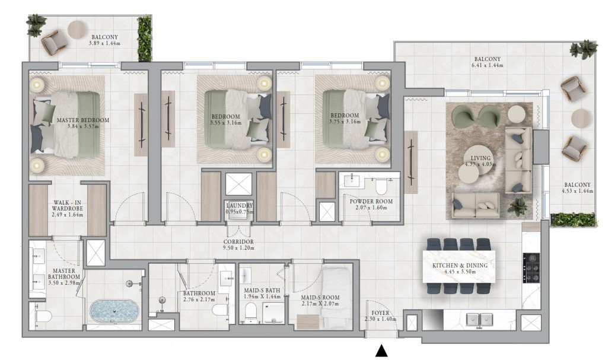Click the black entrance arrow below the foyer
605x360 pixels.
click(x=381, y=351)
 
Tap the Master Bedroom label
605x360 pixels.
click(x=83, y=120)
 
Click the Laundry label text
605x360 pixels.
click(x=240, y=206)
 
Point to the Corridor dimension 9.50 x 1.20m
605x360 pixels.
click(x=239, y=248)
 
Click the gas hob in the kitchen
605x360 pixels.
click(x=531, y=267)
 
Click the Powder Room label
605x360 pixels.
click(x=371, y=202)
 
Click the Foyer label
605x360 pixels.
click(x=380, y=313)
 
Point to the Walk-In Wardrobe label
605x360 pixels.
click(x=68, y=206)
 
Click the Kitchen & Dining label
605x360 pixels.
click(x=460, y=266)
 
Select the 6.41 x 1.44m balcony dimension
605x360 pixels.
click(x=488, y=65)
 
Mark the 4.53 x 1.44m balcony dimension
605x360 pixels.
click(x=577, y=190)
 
